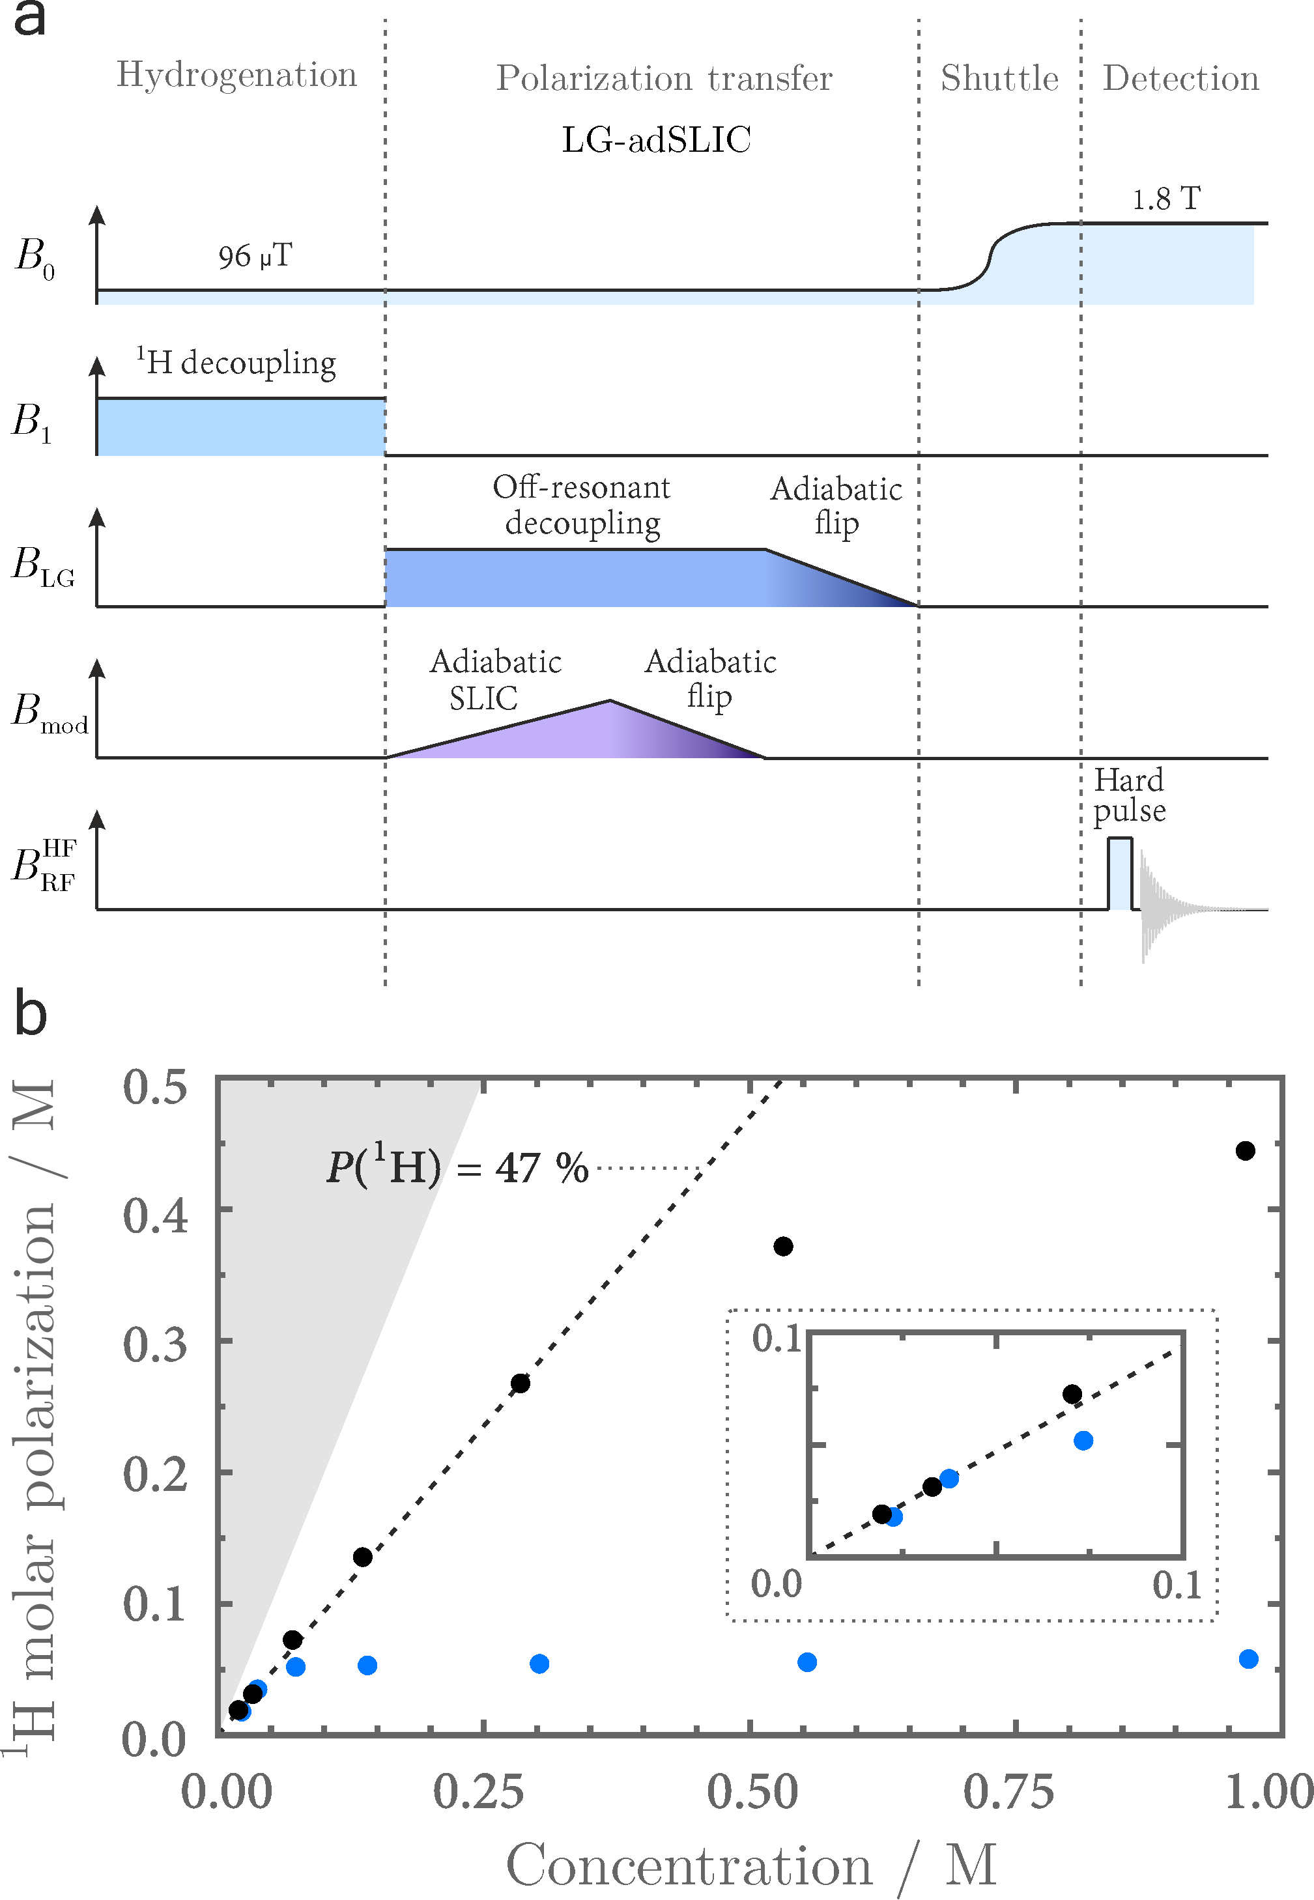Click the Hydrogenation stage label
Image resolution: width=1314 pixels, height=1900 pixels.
coord(237,75)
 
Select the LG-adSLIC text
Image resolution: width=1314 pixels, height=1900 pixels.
coord(656,140)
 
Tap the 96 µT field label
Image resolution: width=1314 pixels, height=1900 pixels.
coord(255,256)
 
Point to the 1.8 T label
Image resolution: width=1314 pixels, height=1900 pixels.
coord(1166,199)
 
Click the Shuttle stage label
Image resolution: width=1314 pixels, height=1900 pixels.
coord(999,78)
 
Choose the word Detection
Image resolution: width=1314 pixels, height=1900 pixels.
coord(1180,78)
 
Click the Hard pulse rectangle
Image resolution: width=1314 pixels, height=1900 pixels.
coord(1120,873)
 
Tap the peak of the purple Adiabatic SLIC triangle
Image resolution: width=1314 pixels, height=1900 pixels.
coord(609,702)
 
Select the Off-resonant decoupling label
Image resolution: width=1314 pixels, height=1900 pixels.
coord(582,505)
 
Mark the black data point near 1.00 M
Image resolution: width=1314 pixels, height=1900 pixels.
coord(1245,1151)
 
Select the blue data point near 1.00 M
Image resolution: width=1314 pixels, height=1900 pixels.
coord(1248,1659)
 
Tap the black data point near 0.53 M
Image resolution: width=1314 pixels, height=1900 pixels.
coord(783,1246)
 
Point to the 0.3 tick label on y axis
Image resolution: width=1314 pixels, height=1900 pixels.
coord(155,1345)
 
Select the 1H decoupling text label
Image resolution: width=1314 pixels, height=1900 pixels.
coord(236,362)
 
